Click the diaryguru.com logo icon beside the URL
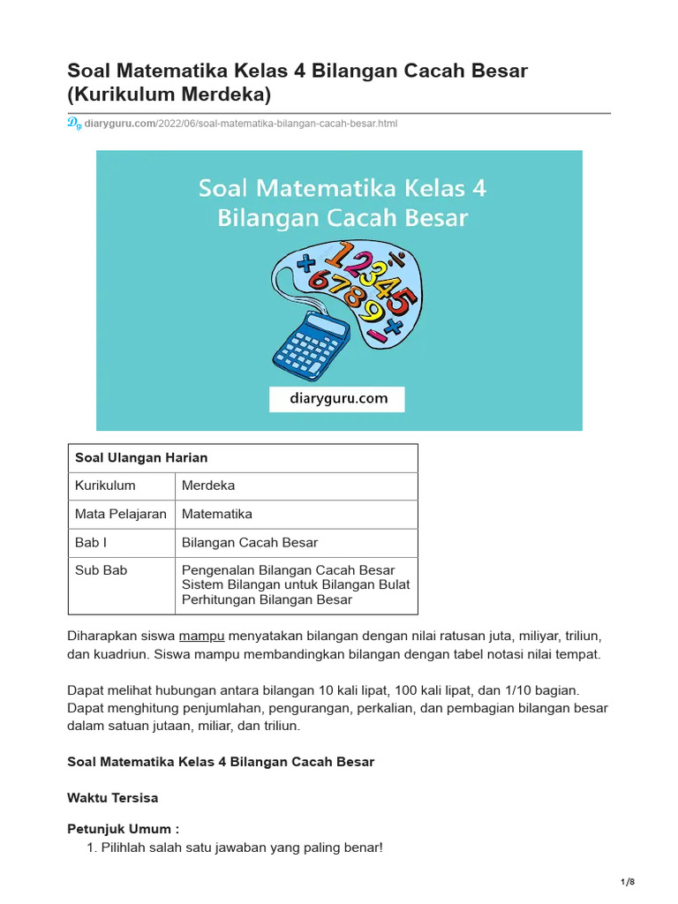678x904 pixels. point(74,124)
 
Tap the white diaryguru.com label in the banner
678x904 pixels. point(337,398)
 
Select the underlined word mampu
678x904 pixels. point(202,636)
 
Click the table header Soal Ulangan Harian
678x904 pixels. point(141,457)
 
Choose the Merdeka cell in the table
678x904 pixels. point(208,486)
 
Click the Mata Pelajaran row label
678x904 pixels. point(120,514)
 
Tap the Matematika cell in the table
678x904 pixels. point(217,514)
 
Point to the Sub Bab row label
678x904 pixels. point(101,570)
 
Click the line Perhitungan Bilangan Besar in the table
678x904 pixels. point(267,599)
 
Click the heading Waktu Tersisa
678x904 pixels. point(113,797)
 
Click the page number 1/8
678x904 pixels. point(628,883)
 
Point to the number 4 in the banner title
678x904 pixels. point(475,188)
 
